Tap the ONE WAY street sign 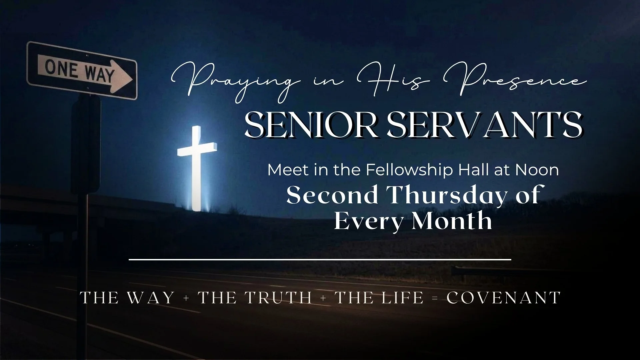82,70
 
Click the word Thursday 444,195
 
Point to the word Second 332,195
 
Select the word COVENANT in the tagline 503,298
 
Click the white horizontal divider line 320,259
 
